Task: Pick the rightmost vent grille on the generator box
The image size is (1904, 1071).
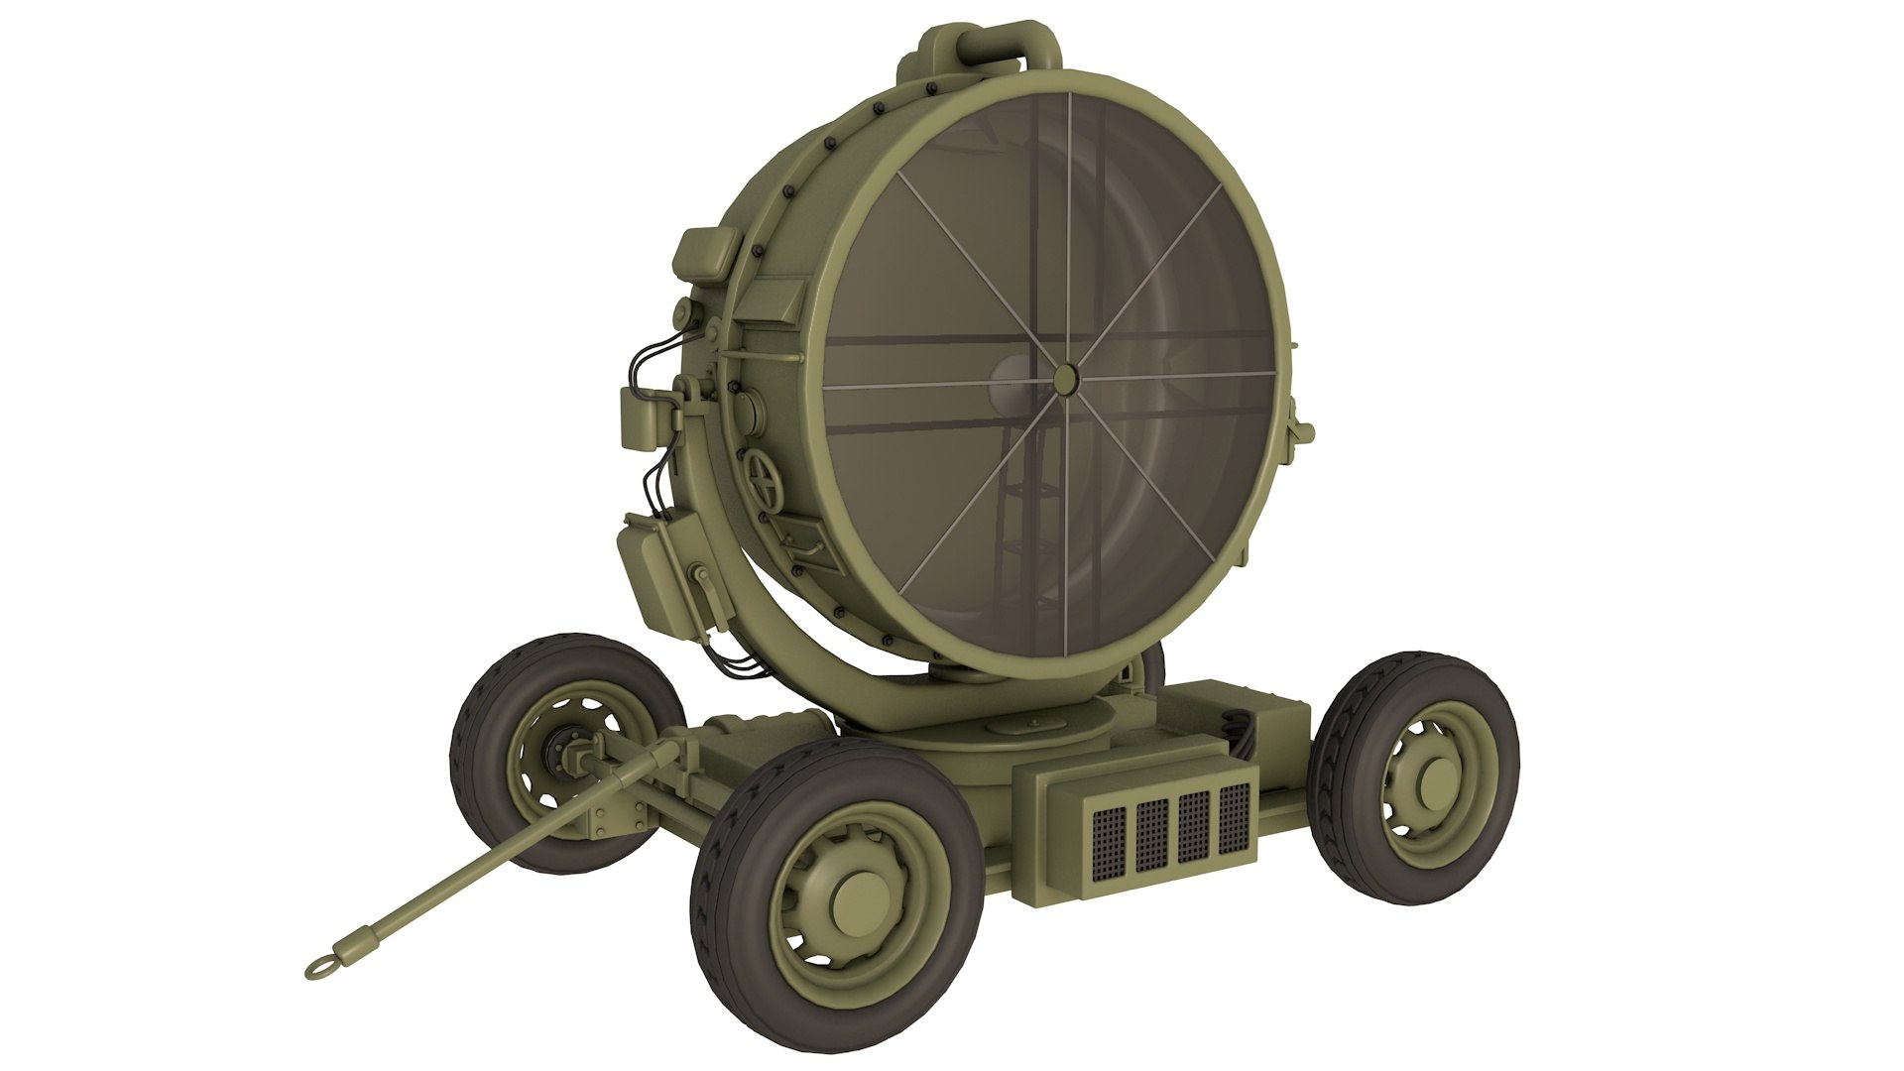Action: (x=1235, y=815)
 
